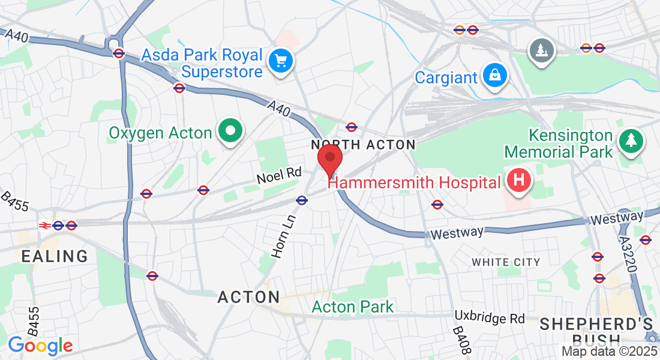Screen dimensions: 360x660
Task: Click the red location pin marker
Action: (329, 159)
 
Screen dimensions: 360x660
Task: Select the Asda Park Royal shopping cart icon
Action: (280, 61)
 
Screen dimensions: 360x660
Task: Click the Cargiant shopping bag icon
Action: (496, 76)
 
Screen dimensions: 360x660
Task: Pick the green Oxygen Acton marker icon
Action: (229, 130)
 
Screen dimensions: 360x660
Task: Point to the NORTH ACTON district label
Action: (363, 145)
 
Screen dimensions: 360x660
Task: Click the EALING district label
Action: (55, 256)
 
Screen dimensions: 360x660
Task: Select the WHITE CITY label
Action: (506, 262)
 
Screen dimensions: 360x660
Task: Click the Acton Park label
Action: (353, 307)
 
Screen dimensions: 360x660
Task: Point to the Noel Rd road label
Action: (278, 175)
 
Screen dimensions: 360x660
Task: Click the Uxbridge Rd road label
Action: (490, 317)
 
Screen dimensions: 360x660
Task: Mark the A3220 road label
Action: (628, 252)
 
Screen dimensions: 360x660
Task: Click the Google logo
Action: (40, 346)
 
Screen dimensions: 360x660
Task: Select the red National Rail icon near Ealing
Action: (44, 226)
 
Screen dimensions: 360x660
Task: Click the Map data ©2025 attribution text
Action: (610, 352)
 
